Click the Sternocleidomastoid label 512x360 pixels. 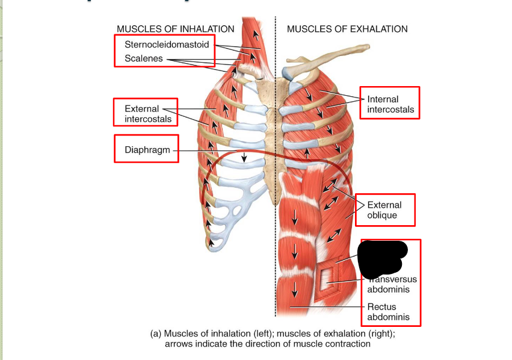167,45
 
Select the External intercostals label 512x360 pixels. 147,114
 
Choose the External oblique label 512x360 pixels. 385,210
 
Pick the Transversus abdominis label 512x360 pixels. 392,284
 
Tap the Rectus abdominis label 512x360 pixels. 388,312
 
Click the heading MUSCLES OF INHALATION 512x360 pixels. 175,29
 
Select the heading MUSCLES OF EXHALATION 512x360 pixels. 347,29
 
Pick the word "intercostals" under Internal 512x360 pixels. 390,110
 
